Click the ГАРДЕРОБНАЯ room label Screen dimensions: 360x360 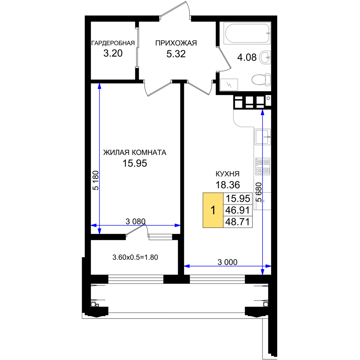point(113,43)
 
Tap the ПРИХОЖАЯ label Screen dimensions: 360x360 point(176,43)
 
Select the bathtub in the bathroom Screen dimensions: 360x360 point(247,33)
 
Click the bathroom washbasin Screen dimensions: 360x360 point(265,57)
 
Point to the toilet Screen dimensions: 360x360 point(261,80)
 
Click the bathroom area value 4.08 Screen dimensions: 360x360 point(247,57)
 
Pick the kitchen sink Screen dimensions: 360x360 point(262,136)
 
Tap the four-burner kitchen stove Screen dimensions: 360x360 point(263,166)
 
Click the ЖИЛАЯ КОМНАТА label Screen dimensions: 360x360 point(135,152)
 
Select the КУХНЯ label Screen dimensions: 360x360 point(228,174)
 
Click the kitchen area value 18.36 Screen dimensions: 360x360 point(228,185)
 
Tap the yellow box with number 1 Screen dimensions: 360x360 point(213,210)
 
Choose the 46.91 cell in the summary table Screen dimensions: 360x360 point(238,210)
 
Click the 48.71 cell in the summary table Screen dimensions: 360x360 point(238,222)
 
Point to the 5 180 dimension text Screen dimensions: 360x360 point(96,180)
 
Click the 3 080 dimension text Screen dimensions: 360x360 point(135,221)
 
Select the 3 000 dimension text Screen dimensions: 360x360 point(228,262)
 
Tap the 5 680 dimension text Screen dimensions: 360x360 point(259,192)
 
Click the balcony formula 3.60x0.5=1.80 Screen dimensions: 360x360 point(135,257)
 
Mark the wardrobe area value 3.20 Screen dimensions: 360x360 point(113,53)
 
